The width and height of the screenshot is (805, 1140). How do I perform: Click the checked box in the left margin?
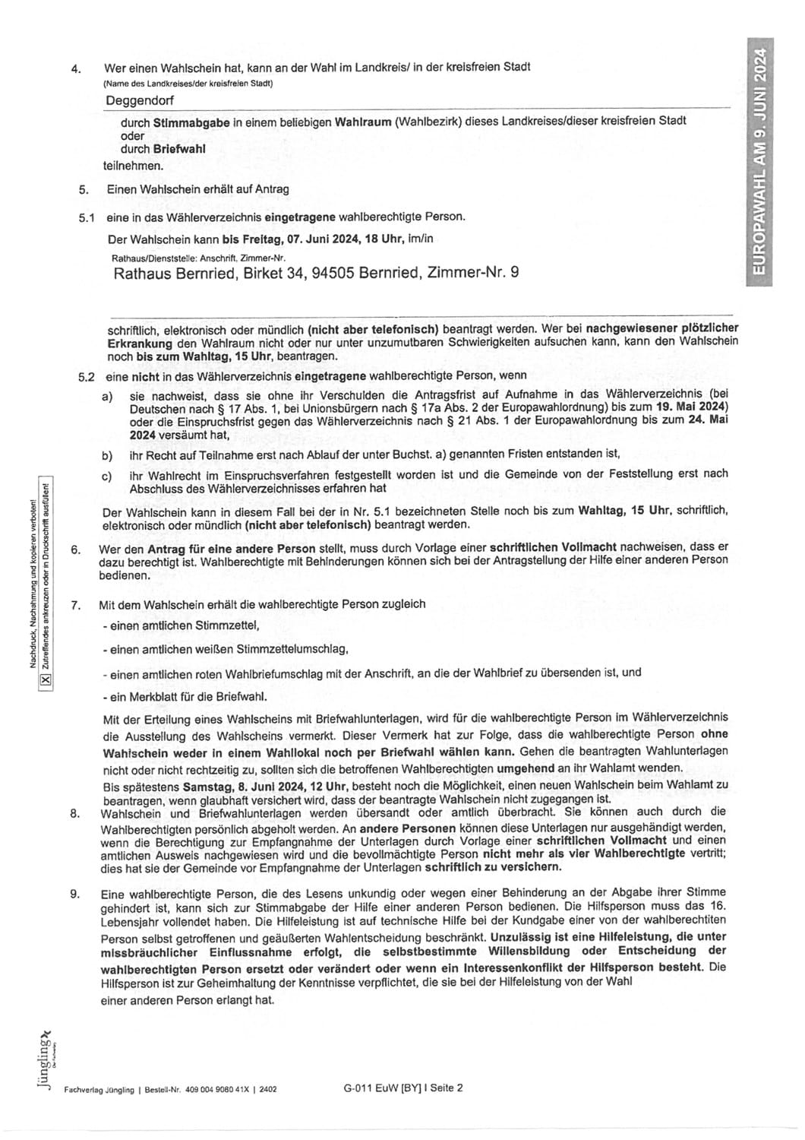click(x=44, y=679)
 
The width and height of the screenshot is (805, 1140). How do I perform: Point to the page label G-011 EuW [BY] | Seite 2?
click(x=402, y=1088)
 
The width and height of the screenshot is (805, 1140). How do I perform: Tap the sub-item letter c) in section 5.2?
click(x=107, y=475)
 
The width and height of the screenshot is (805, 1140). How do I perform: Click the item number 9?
click(x=74, y=894)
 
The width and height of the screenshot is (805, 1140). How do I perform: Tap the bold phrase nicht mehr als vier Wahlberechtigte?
click(x=597, y=853)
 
